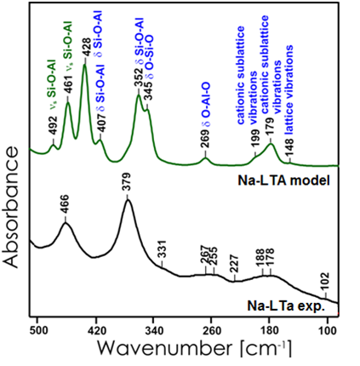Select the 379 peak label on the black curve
coord(128,189)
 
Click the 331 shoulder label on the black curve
coord(161,248)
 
